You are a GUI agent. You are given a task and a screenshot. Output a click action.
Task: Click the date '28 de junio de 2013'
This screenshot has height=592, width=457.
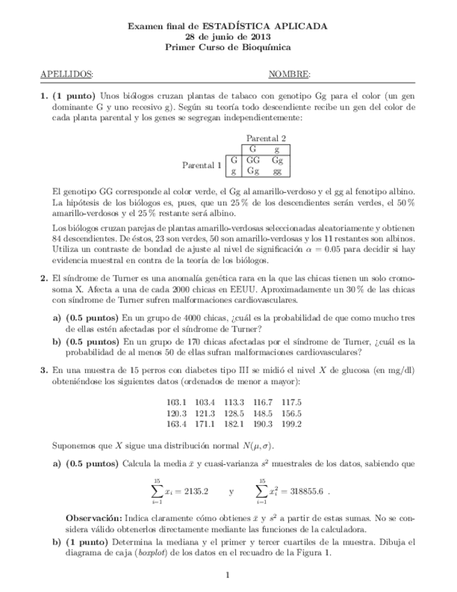click(x=228, y=36)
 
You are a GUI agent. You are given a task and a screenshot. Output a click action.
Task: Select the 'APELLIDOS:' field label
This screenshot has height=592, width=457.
click(x=67, y=75)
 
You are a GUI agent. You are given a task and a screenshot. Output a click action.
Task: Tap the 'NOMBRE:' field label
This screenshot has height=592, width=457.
click(x=290, y=75)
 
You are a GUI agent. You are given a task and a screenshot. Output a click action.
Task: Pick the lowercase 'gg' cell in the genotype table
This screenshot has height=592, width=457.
click(x=277, y=170)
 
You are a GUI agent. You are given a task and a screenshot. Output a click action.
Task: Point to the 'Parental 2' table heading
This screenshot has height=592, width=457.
click(x=266, y=138)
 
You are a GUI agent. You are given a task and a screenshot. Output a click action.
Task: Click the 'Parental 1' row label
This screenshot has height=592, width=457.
click(x=202, y=165)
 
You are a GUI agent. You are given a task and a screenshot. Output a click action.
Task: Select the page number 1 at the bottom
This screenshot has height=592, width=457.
click(x=228, y=575)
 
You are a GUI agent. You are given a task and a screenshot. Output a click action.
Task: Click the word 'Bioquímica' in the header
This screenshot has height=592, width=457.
click(x=265, y=47)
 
